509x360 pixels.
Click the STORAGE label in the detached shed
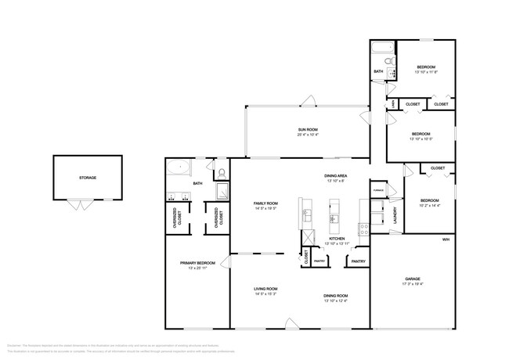point(88,178)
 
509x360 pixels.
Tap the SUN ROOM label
point(307,130)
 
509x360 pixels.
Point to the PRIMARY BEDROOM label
point(197,263)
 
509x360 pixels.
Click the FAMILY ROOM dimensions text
point(266,209)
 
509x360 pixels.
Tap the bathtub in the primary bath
point(178,167)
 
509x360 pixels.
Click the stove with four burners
point(363,229)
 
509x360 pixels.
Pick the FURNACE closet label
point(378,190)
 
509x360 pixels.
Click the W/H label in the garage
point(446,238)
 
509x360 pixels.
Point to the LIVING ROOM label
point(266,289)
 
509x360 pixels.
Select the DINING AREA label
point(336,176)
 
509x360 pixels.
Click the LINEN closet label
point(393,104)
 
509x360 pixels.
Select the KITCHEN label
point(337,238)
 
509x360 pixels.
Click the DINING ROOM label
point(336,295)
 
